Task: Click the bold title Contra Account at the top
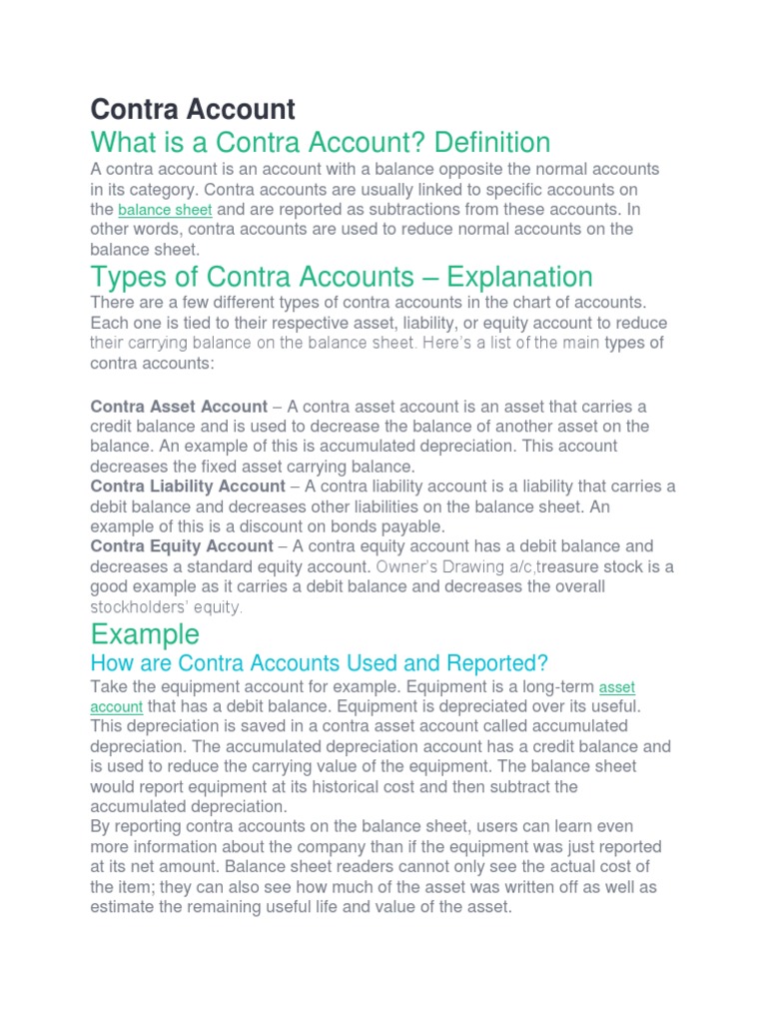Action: tap(193, 108)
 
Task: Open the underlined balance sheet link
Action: tap(165, 210)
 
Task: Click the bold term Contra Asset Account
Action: tap(179, 407)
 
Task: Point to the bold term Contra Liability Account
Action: tap(188, 487)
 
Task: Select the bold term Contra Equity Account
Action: tap(181, 546)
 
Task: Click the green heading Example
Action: tap(145, 633)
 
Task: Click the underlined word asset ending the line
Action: tap(617, 687)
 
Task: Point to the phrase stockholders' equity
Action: tap(167, 606)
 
